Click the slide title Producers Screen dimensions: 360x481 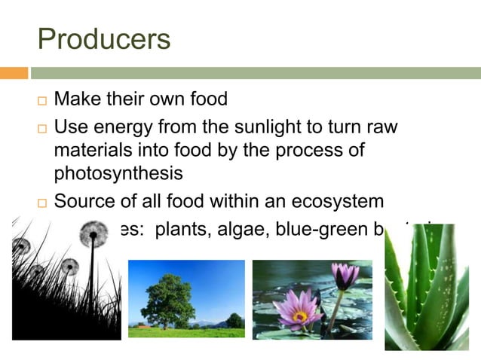(x=104, y=39)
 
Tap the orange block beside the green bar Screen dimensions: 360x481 (x=14, y=73)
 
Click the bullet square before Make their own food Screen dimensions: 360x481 (x=41, y=101)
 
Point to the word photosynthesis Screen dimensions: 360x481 (x=118, y=173)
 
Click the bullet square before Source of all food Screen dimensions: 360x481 (x=41, y=202)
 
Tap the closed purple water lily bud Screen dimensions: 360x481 (x=345, y=276)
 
